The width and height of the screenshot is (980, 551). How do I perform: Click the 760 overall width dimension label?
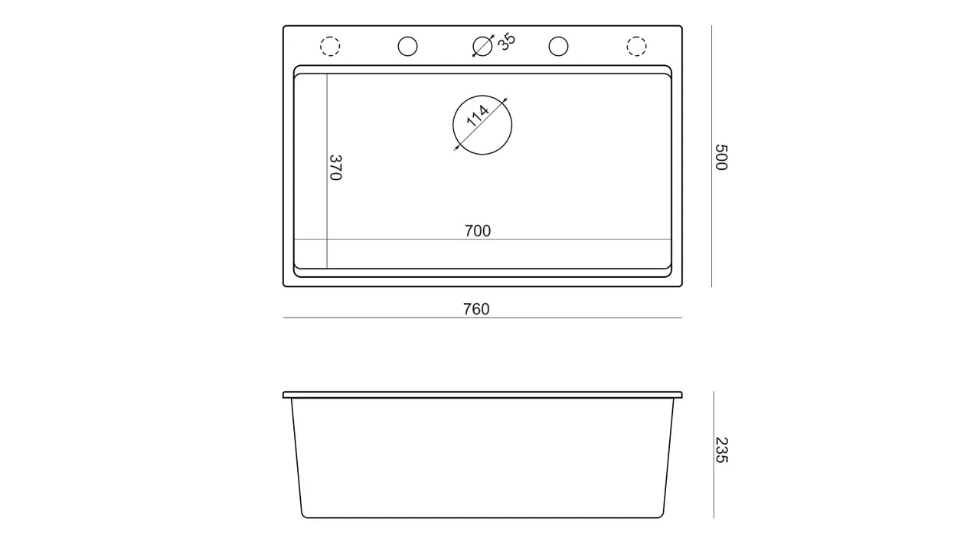476,309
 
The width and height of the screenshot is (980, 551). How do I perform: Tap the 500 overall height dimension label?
721,157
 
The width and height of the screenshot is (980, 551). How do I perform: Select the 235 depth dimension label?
721,450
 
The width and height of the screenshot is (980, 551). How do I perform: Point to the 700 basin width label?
478,231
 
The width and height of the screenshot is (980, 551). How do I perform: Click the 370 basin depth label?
335,168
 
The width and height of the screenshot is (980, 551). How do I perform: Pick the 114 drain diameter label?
477,116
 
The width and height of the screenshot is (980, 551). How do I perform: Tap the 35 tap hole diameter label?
507,42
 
